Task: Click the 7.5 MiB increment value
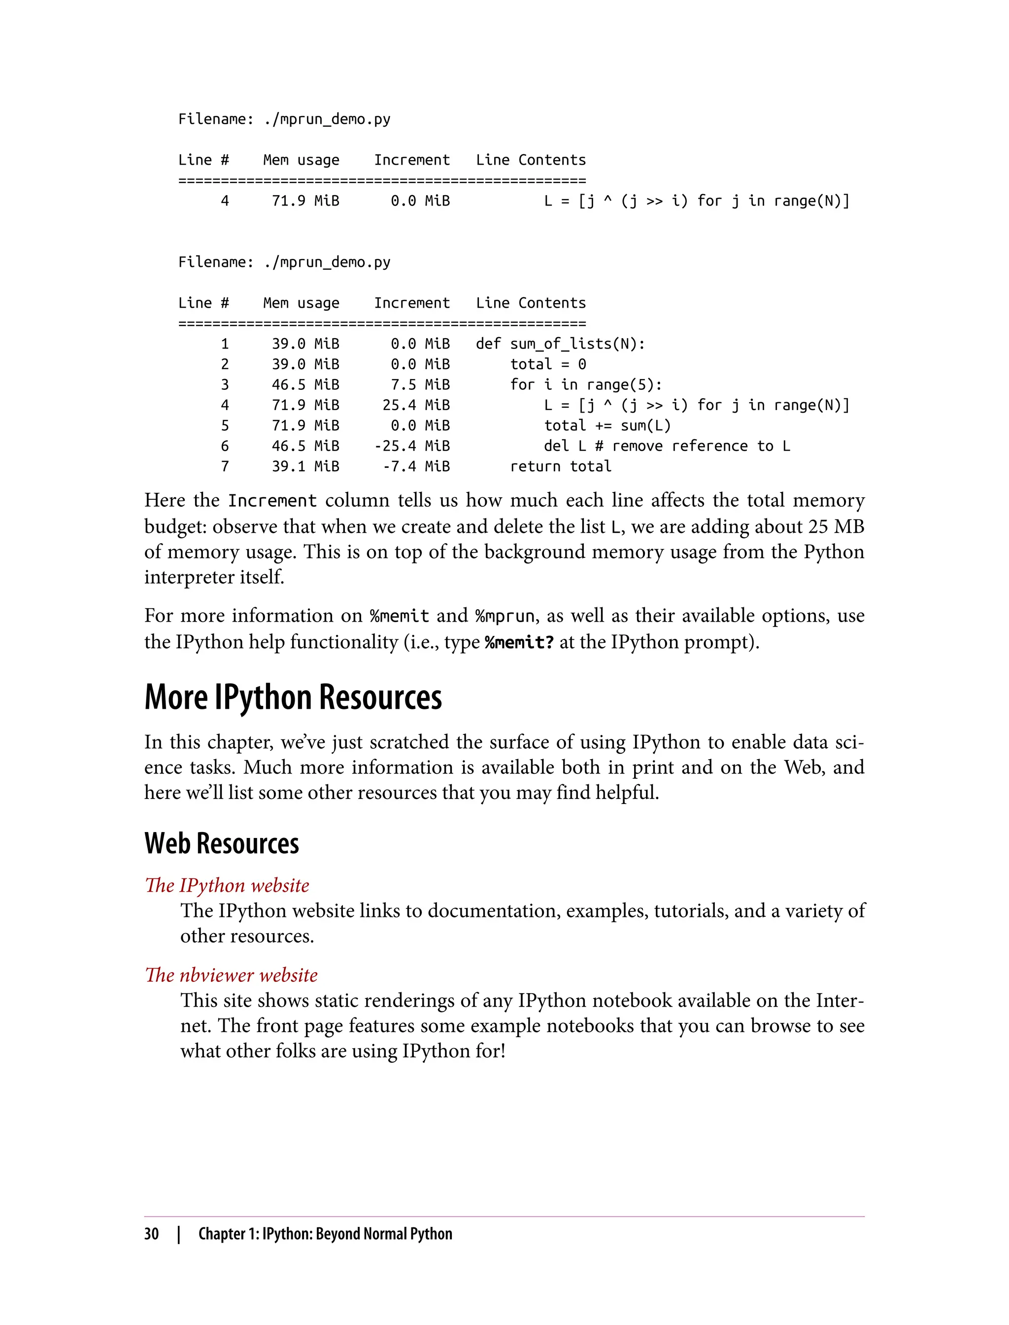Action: tap(420, 384)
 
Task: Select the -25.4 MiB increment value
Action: tap(411, 446)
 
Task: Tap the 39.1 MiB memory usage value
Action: tap(305, 466)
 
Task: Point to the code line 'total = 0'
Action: tap(548, 364)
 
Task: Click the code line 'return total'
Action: tap(560, 466)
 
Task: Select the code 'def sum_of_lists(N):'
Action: tap(560, 344)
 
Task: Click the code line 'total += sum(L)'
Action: tap(606, 425)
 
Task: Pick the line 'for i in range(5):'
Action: tap(586, 384)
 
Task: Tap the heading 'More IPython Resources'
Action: tap(293, 697)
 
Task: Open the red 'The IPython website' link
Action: tap(227, 885)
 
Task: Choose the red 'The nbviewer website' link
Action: tap(231, 975)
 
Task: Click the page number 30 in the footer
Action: tap(151, 1234)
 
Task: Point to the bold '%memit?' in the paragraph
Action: tap(519, 642)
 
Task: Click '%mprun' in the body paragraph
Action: tap(504, 617)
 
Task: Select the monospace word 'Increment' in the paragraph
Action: tap(272, 500)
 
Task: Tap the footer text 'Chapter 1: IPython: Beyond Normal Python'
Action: tap(325, 1234)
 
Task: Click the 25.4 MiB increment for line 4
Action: tap(416, 405)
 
